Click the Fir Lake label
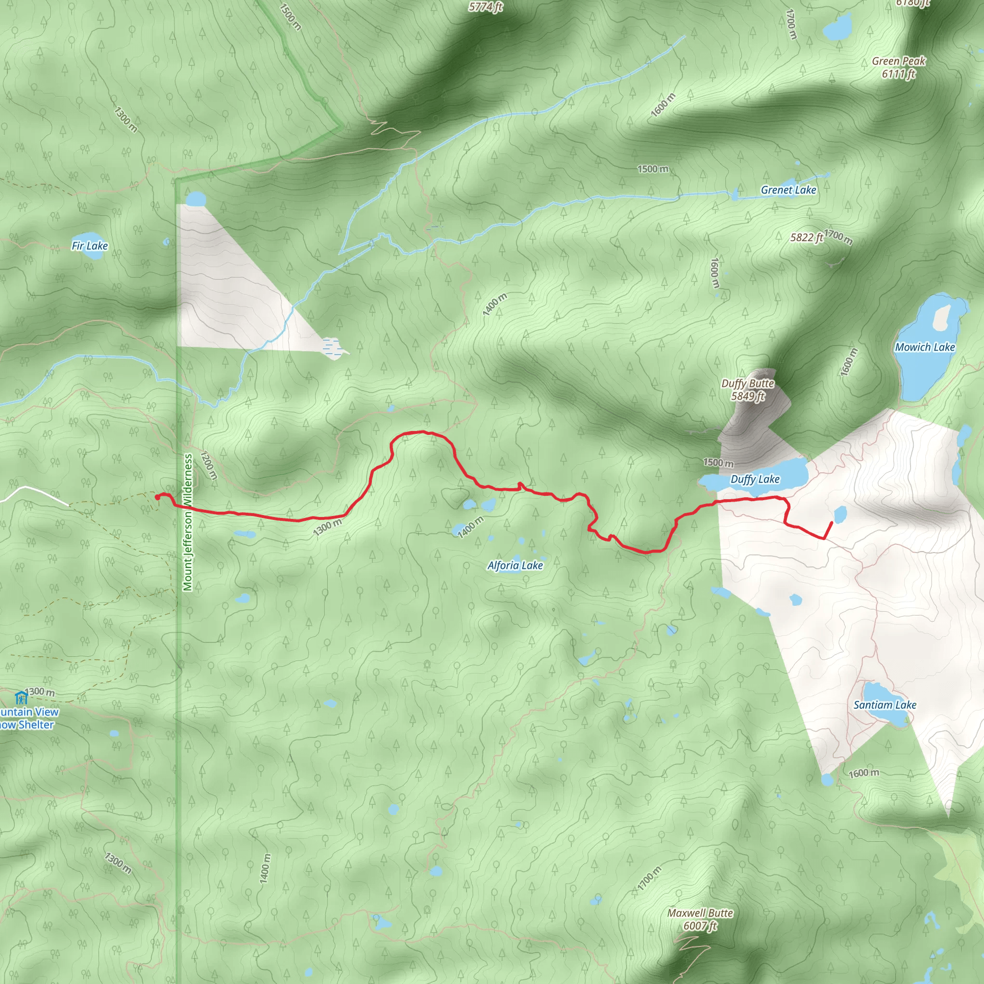pos(90,246)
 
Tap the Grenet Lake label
pos(788,190)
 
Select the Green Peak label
pos(898,61)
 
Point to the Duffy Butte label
pos(748,383)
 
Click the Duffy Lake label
pos(755,479)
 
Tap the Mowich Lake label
pos(925,347)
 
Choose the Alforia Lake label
pos(515,566)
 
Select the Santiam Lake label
pos(885,705)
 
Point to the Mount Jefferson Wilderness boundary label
pos(188,522)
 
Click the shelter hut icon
pos(20,697)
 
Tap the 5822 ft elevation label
pos(807,238)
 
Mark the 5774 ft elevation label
pos(486,7)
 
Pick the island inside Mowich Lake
pos(941,317)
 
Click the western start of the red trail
pos(157,497)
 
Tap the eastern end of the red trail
pos(832,523)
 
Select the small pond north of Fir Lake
pos(195,198)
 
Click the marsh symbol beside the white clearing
pos(331,346)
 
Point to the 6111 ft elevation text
pos(898,74)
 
